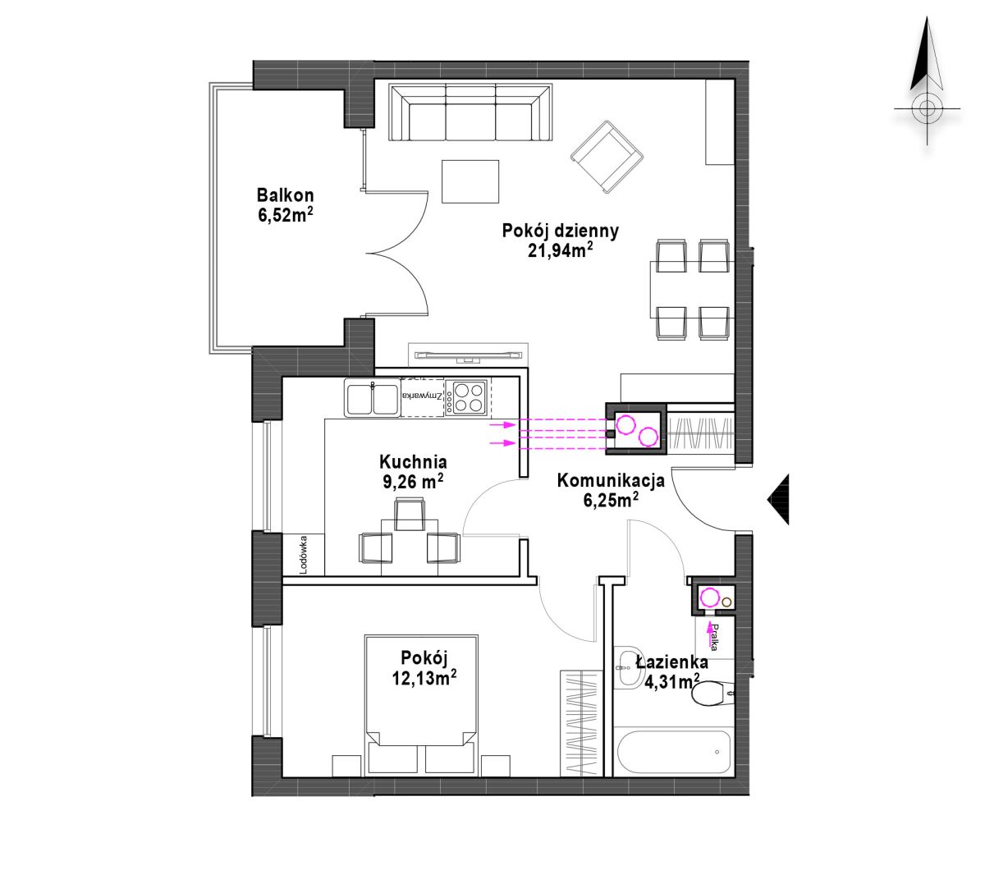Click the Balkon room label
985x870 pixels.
tap(285, 195)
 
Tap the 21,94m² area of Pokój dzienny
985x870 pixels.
tap(560, 250)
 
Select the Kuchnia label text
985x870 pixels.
tap(413, 461)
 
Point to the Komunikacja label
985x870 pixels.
tap(611, 480)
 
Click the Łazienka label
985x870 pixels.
tap(672, 662)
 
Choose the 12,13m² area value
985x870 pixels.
tap(424, 678)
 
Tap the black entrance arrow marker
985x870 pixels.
tap(778, 499)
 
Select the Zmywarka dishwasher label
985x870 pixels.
tap(423, 396)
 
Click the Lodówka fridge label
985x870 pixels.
tap(304, 555)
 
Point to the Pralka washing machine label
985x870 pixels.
tap(714, 638)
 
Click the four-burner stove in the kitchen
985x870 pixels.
tap(465, 398)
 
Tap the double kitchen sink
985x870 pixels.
tap(373, 398)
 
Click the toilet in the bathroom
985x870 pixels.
tap(712, 694)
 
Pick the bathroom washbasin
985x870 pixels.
tap(628, 667)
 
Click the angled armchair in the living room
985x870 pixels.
tap(607, 157)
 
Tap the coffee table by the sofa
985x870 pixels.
tap(470, 181)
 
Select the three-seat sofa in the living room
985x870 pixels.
tap(470, 112)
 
